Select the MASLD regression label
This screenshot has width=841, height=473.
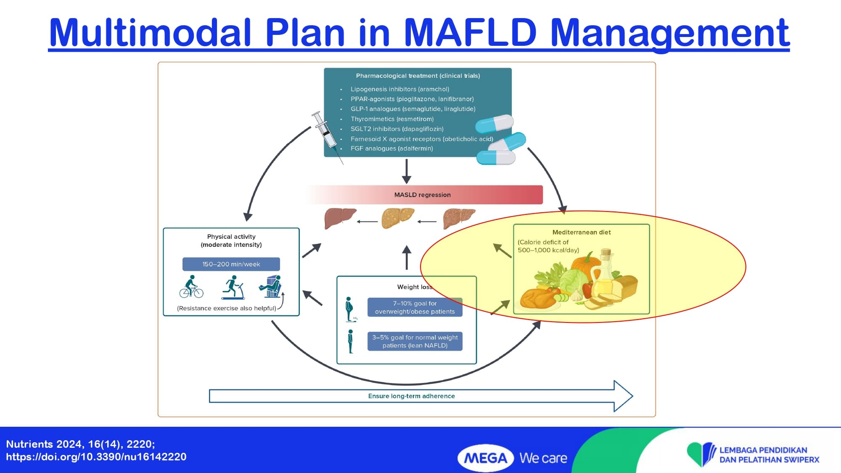[x=422, y=195]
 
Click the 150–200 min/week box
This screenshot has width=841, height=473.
[x=231, y=264]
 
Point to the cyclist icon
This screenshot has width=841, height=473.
[x=191, y=287]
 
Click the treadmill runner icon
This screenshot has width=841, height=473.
[x=233, y=288]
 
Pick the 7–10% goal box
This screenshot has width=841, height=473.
[x=415, y=307]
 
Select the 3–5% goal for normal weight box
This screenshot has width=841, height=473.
[x=415, y=341]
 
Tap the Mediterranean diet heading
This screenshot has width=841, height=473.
[x=581, y=232]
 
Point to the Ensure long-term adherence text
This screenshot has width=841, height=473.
[x=411, y=396]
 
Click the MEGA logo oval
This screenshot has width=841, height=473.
[x=485, y=458]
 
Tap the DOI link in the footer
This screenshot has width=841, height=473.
[x=96, y=457]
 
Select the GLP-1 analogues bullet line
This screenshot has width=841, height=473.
[x=413, y=109]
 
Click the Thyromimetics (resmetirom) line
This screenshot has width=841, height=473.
[x=392, y=119]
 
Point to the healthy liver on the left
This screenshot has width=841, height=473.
[x=339, y=218]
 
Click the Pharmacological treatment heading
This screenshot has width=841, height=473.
[x=418, y=76]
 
